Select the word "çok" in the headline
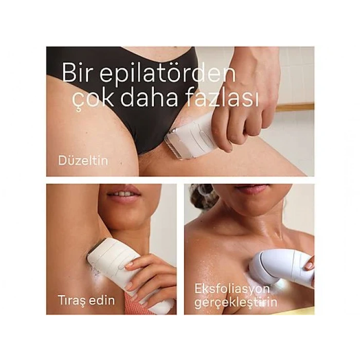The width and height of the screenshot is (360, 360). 83,98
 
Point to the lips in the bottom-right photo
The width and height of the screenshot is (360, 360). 251,190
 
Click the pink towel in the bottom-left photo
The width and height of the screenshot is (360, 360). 134,309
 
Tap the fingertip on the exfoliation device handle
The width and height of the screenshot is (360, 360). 309,265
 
